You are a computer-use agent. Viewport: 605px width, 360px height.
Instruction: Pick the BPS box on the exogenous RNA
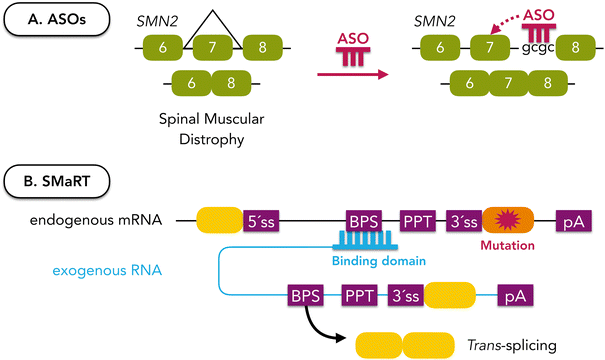304,295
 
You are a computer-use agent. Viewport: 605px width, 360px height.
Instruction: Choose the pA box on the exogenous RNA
514,295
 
